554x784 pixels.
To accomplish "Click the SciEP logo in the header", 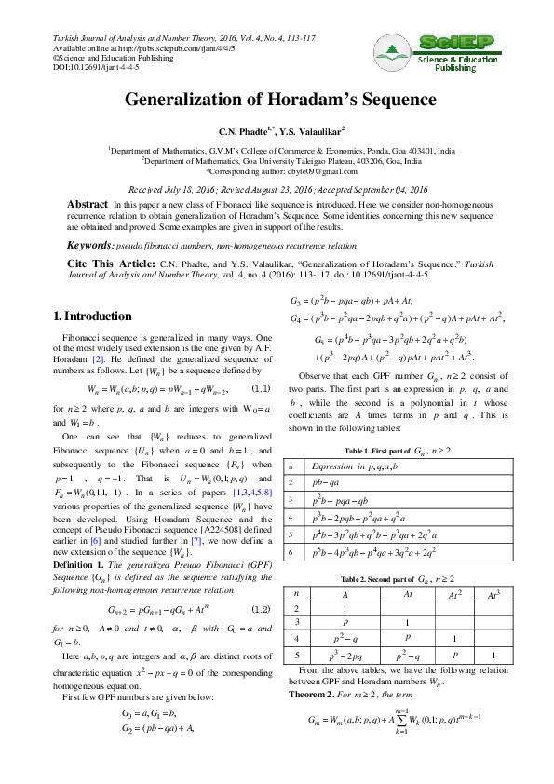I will pos(447,53).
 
